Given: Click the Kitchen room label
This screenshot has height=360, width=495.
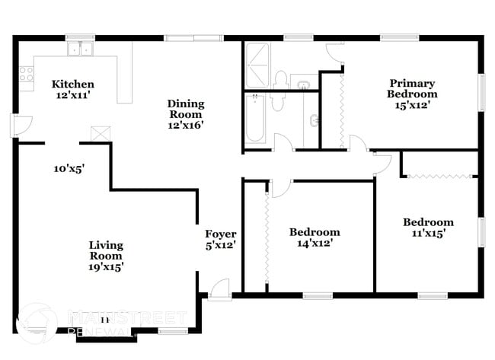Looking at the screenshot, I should pos(73,84).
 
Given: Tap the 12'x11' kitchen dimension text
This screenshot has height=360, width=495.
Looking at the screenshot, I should pos(73,95).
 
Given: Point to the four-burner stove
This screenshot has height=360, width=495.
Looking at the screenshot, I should pos(26,74).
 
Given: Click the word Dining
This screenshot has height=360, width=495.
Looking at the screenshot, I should pos(185,104).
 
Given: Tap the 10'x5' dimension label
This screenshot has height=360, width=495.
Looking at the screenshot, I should pos(69,170).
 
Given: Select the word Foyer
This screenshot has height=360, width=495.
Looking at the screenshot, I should pos(221,234).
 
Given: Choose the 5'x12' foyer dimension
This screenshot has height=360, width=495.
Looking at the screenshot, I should pos(221,245).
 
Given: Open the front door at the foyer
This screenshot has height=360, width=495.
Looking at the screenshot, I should pos(219,290).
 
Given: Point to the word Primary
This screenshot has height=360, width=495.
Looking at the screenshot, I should pos(412,83).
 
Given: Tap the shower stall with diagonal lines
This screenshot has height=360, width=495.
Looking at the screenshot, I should pos(257,67).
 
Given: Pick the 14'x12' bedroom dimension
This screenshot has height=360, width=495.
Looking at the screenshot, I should pos(315,244).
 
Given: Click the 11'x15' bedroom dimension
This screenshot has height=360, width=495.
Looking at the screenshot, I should pos(428,234).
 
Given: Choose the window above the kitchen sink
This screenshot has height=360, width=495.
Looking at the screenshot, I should pos(78,37).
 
